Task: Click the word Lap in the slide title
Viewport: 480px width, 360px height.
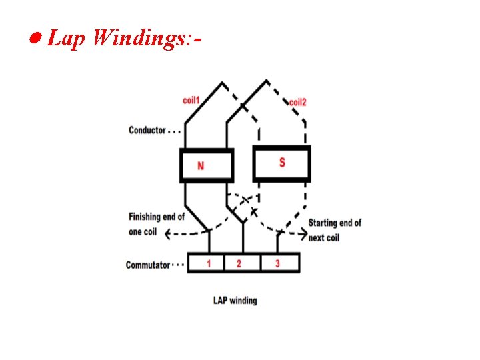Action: (x=66, y=39)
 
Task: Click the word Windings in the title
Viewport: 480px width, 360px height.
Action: (x=136, y=39)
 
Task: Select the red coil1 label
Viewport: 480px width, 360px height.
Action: (x=191, y=100)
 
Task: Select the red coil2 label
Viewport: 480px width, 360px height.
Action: (x=297, y=103)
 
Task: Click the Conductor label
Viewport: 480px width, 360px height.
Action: (x=147, y=130)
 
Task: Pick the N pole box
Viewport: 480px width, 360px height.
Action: (x=206, y=165)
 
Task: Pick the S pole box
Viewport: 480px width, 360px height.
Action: (x=281, y=163)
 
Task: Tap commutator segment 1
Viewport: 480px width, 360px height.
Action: (x=209, y=263)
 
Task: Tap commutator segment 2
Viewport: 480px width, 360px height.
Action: (x=239, y=263)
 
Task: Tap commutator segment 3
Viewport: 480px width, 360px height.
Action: (x=277, y=263)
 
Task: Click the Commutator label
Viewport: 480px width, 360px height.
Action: (x=148, y=265)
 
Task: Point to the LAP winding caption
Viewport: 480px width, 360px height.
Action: (x=235, y=301)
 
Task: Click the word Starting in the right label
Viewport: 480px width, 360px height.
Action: (x=325, y=223)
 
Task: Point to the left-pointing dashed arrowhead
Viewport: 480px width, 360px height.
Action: (x=168, y=233)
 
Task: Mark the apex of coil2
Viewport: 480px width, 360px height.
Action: (x=267, y=81)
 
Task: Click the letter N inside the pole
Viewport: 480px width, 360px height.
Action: (x=201, y=165)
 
